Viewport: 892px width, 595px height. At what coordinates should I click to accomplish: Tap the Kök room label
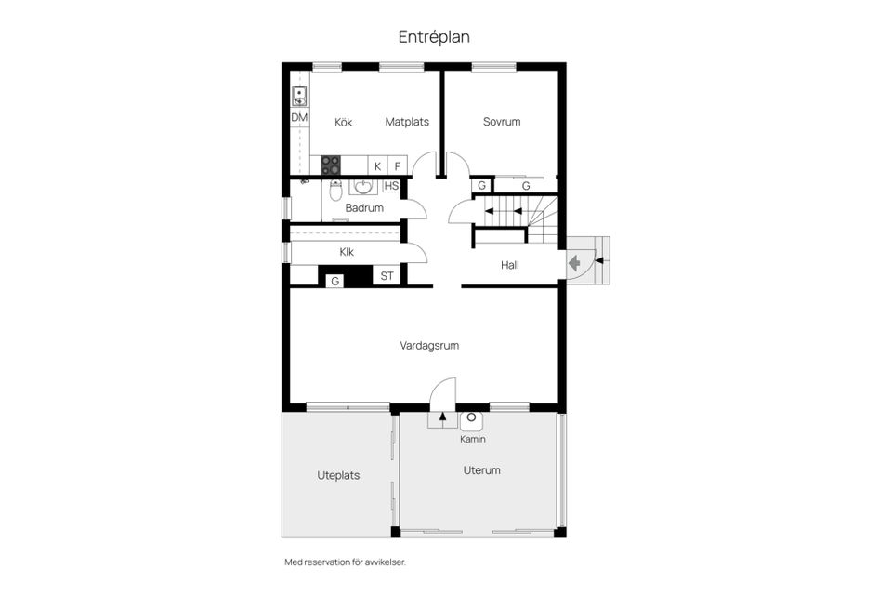(344, 122)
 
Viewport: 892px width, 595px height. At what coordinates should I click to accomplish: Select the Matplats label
(407, 122)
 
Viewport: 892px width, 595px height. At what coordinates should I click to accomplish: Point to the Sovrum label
(502, 122)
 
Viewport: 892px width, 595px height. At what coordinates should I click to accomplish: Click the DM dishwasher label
(299, 118)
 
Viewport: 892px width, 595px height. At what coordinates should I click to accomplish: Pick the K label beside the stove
(377, 166)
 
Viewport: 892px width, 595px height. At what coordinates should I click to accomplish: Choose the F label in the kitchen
(398, 166)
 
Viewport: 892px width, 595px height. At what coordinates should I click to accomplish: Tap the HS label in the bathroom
(391, 186)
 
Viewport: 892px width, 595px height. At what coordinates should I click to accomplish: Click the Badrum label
(364, 208)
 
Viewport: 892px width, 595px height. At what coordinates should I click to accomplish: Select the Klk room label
(347, 252)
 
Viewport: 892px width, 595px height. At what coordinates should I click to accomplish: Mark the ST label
(387, 276)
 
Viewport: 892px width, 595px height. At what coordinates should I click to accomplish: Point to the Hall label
(510, 265)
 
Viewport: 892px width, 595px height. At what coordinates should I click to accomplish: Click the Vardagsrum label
(429, 346)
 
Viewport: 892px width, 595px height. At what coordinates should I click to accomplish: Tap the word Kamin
(473, 439)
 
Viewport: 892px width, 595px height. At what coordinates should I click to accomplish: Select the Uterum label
(481, 470)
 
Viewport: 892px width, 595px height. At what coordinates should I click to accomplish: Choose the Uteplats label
(338, 475)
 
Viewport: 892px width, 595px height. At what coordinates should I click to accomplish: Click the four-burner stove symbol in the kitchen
(331, 165)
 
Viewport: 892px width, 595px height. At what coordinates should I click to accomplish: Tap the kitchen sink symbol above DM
(299, 95)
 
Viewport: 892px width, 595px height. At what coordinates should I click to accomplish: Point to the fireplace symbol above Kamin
(472, 420)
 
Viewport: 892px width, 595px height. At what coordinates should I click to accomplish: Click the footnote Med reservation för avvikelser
(345, 562)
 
